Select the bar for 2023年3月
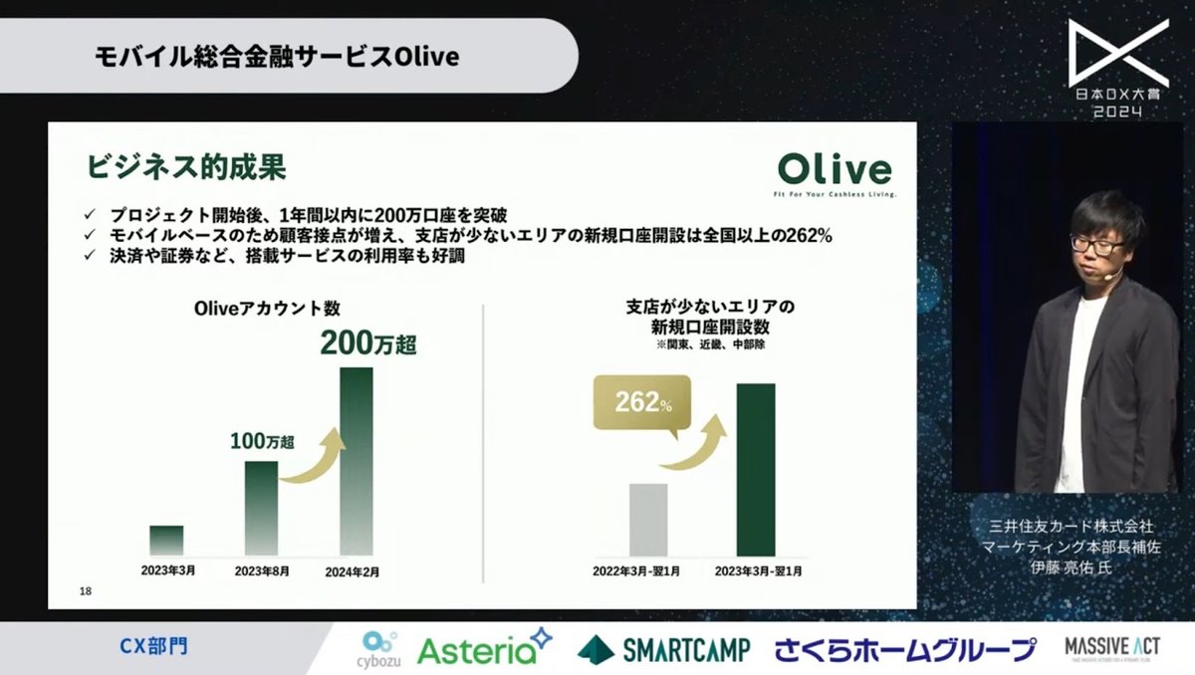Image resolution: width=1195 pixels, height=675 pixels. tap(166, 540)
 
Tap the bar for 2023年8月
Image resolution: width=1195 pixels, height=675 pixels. tap(261, 508)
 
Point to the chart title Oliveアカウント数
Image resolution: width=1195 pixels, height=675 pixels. tap(260, 309)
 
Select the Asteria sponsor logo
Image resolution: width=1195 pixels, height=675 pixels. tap(484, 648)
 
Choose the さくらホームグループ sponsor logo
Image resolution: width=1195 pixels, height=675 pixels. tap(905, 650)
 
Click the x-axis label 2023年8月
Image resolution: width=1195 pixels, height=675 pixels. tap(262, 572)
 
